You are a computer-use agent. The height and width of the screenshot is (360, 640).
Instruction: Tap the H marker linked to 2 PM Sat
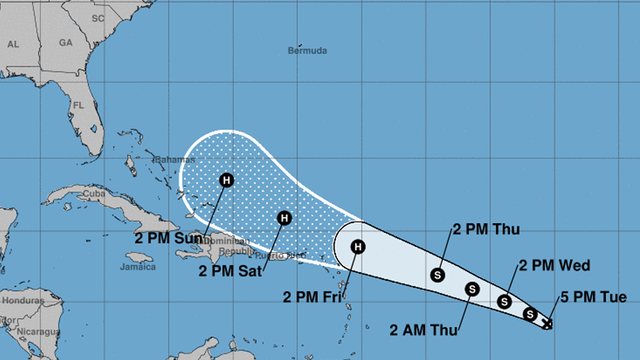click(x=284, y=217)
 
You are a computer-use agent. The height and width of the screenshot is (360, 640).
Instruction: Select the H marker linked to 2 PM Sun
click(x=226, y=181)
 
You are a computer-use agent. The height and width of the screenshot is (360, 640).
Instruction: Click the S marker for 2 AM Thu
click(x=472, y=290)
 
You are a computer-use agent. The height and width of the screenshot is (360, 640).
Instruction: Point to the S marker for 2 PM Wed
click(x=505, y=301)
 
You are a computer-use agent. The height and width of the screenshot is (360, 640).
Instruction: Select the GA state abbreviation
click(x=65, y=44)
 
